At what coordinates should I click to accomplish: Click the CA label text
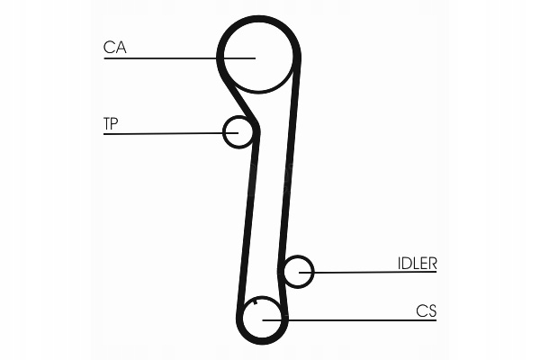pos(114,47)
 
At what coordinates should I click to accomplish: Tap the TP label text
pos(111,123)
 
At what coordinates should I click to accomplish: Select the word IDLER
pos(417,264)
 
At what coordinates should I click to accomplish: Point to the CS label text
pos(426,311)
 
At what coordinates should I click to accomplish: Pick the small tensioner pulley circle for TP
pos(238,131)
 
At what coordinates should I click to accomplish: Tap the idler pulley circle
pos(298,270)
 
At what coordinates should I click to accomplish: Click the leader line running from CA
pos(162,59)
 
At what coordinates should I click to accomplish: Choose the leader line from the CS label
pos(360,319)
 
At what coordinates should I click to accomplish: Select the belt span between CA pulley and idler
pos(291,171)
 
